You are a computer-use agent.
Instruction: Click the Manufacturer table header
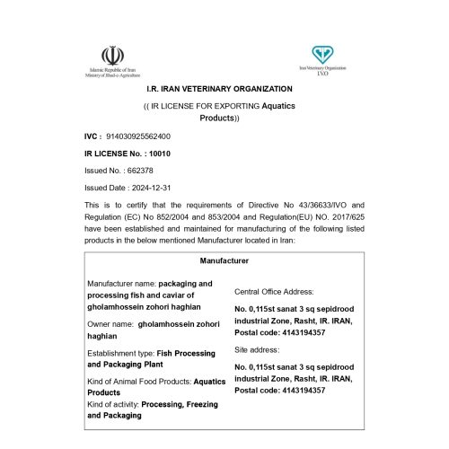point(224,260)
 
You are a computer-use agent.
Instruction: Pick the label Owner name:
point(110,324)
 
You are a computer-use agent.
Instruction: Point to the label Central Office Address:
point(273,292)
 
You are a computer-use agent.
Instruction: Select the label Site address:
point(255,349)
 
